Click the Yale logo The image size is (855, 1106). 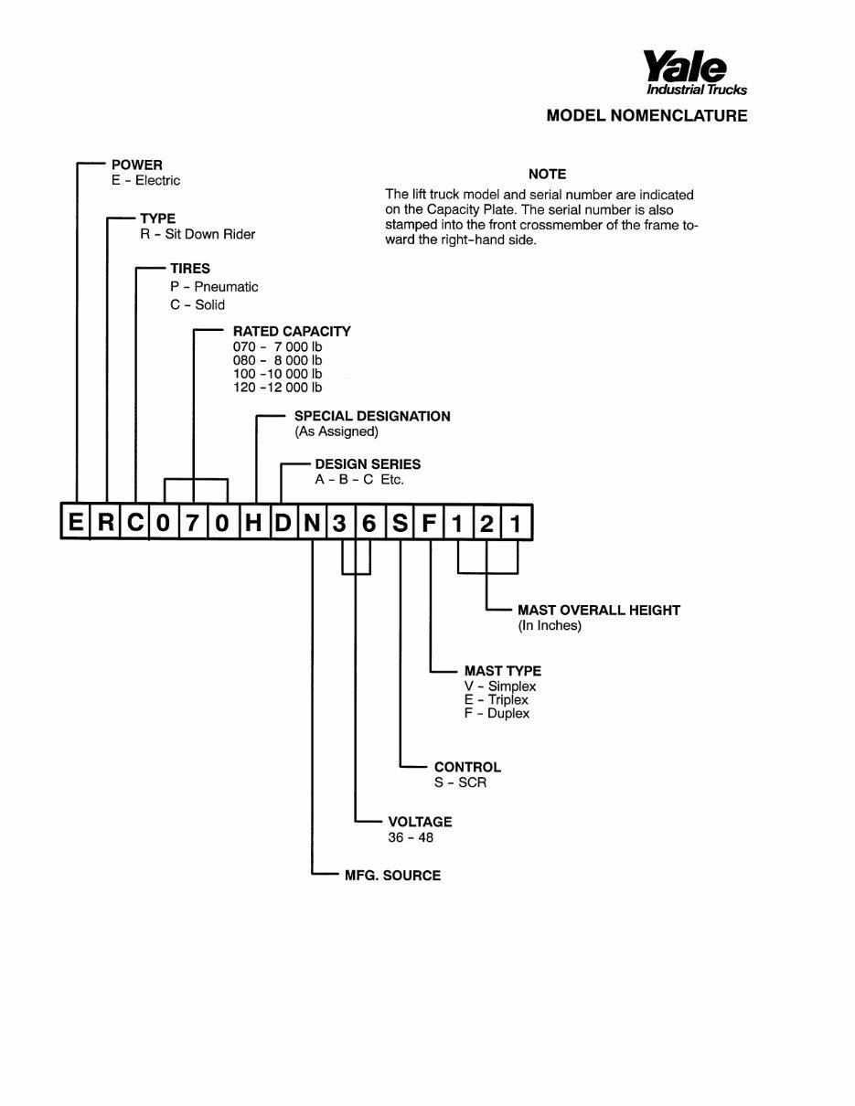[695, 73]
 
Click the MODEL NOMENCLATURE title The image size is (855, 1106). [647, 115]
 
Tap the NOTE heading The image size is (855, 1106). [547, 174]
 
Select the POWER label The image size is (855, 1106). [136, 165]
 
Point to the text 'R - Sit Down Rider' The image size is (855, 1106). [198, 234]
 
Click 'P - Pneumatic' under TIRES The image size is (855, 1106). [214, 287]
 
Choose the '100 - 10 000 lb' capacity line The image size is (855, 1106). [277, 374]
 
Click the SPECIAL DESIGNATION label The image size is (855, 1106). [372, 416]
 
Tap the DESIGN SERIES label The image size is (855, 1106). [368, 464]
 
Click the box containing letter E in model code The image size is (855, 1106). [75, 522]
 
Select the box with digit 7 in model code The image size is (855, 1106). [193, 522]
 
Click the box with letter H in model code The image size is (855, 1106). [253, 522]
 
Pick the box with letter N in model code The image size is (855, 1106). [312, 522]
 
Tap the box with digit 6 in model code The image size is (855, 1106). [369, 522]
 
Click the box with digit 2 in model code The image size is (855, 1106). [487, 522]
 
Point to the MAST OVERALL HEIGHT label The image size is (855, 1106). [599, 610]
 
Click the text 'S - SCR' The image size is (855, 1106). [460, 782]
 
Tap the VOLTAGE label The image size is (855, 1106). [420, 822]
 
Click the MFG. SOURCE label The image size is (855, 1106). [392, 876]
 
